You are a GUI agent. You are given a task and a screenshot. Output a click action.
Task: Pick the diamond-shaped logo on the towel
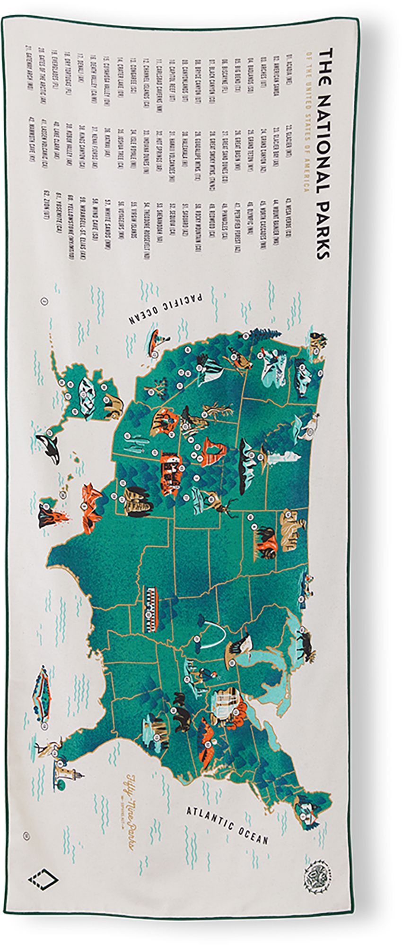43,879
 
